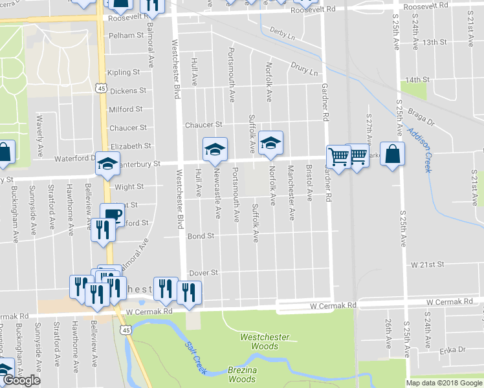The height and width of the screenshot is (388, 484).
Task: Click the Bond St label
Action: (201, 237)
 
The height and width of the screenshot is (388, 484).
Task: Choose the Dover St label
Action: (203, 274)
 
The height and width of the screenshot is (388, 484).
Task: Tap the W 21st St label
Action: (428, 265)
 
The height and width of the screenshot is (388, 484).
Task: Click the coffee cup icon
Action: (112, 214)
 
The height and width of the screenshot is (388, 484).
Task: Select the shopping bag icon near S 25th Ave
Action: (392, 154)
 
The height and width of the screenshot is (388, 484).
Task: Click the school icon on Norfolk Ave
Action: (270, 143)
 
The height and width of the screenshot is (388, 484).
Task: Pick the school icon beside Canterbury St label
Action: (108, 164)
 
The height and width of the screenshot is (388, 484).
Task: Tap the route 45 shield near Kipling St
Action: (101, 87)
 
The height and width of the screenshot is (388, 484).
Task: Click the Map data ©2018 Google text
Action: (444, 383)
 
